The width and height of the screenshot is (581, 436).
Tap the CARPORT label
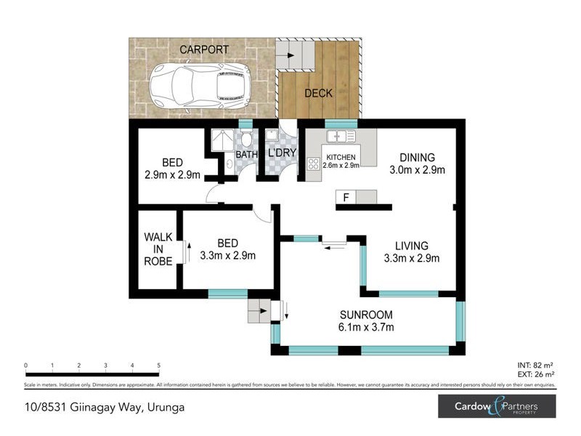[204, 49]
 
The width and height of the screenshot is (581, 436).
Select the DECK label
[318, 93]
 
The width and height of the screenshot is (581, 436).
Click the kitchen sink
[340, 137]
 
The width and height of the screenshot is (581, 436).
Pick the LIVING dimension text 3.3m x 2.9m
[412, 258]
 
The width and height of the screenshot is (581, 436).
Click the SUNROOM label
[367, 315]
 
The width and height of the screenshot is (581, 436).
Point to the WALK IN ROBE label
[158, 249]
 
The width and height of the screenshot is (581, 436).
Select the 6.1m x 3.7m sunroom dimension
[367, 328]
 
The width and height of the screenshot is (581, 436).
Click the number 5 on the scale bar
[158, 366]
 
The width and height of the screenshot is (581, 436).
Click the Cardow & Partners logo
[497, 406]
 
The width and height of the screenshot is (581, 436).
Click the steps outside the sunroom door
[259, 310]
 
